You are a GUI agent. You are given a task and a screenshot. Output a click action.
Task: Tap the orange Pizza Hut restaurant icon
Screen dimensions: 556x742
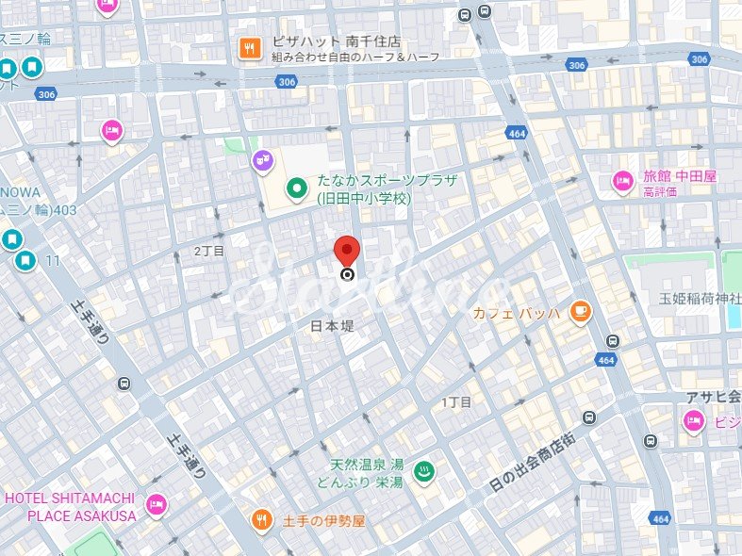[x=250, y=47]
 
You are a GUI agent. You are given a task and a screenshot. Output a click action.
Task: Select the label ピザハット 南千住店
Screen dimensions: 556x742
[x=336, y=42]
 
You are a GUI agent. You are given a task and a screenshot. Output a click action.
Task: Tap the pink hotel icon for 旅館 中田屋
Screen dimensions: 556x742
[x=622, y=181]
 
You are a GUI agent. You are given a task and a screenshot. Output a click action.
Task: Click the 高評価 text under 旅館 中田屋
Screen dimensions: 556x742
[x=660, y=191]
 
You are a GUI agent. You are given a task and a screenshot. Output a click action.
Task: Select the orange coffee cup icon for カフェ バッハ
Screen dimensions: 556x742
[x=580, y=311]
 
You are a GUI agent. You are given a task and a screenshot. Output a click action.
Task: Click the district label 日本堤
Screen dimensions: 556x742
[x=333, y=325]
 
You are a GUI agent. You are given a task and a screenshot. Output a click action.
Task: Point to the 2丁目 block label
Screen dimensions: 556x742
[x=209, y=251]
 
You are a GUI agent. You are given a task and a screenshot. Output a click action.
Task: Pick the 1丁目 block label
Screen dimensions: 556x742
[x=456, y=401]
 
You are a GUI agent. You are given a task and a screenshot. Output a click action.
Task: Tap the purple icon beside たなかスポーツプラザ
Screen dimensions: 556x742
[x=262, y=162]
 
